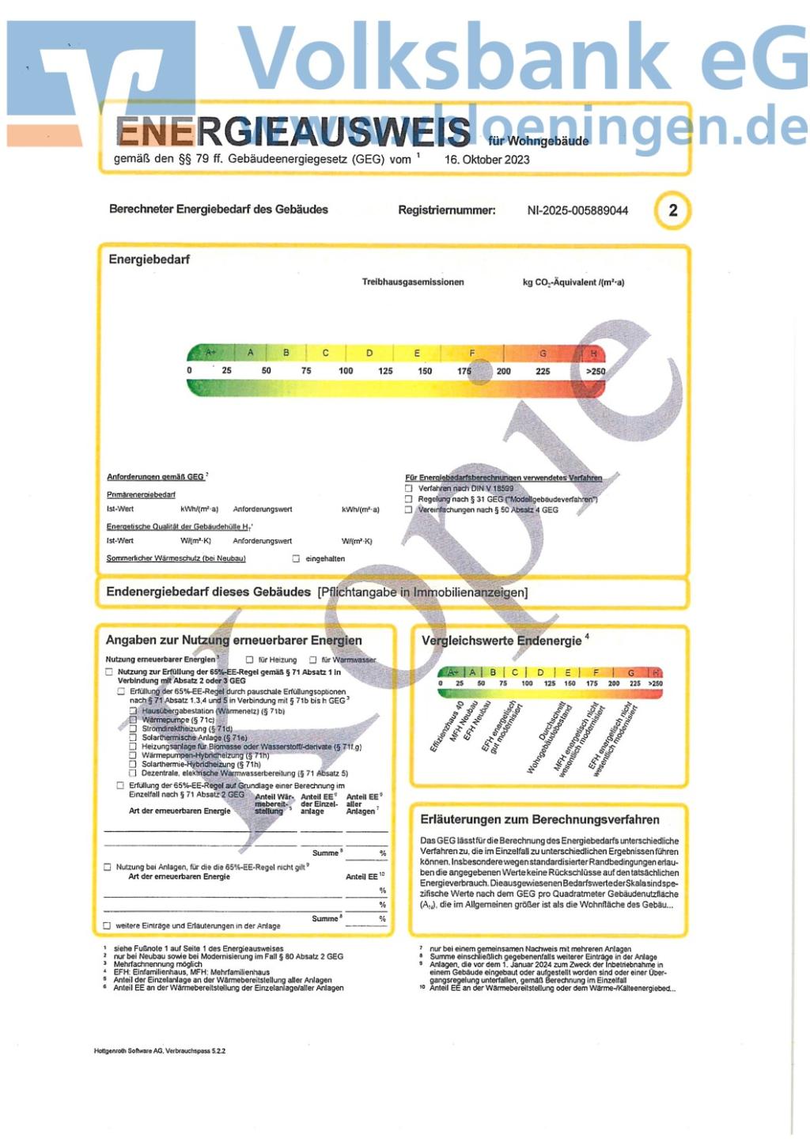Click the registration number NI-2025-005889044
click(x=577, y=210)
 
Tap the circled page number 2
click(x=672, y=210)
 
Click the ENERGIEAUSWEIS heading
click(x=293, y=132)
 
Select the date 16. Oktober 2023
click(x=486, y=159)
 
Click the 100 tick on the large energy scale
click(x=346, y=371)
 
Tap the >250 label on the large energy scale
click(x=595, y=371)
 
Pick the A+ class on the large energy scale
click(x=210, y=353)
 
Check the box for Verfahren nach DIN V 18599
click(x=409, y=489)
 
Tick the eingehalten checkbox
click(x=297, y=558)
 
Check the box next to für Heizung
click(x=250, y=660)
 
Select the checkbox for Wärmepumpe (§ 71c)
click(x=134, y=720)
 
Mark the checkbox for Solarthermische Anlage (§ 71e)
click(x=134, y=737)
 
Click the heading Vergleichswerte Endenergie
click(x=502, y=641)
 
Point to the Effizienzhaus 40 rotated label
click(x=446, y=726)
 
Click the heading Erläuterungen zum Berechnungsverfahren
click(x=539, y=819)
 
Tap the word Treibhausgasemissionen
click(x=413, y=282)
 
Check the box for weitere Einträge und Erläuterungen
click(x=108, y=925)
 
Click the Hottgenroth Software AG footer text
click(x=159, y=1051)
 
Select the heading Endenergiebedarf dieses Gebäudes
click(x=208, y=592)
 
